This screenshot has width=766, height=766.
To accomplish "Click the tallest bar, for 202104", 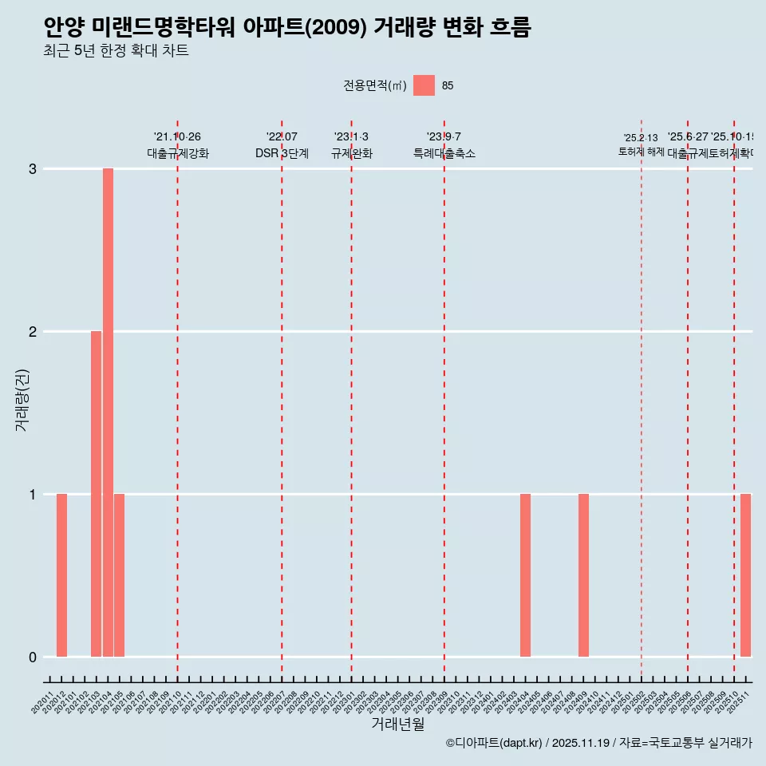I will [x=108, y=413].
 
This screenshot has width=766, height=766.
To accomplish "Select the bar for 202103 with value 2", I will [x=96, y=494].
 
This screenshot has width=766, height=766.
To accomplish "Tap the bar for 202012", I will [x=61, y=575].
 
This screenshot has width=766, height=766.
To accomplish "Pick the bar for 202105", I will [x=119, y=575].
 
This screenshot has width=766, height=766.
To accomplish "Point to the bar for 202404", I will [x=525, y=575].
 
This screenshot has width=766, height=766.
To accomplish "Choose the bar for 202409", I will [x=583, y=575].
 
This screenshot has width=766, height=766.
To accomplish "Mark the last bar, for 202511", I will [x=745, y=575].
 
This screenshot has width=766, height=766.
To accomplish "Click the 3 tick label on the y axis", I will [x=33, y=169].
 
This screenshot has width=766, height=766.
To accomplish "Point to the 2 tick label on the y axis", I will [x=33, y=332].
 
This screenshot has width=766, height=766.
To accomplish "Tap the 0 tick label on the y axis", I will [x=33, y=657].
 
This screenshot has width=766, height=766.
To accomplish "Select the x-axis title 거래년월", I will [x=397, y=725].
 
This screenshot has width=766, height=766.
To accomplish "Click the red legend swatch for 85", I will [x=424, y=85].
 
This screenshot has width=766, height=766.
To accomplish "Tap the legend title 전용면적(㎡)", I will [x=375, y=86].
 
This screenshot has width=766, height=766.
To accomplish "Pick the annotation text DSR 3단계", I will [x=282, y=154].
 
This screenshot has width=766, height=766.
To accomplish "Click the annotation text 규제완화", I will [x=351, y=154].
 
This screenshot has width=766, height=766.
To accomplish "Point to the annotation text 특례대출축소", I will [x=444, y=154].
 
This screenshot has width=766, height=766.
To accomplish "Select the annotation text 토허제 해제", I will [x=641, y=152].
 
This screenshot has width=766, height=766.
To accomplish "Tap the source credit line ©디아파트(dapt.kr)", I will [x=494, y=743].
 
